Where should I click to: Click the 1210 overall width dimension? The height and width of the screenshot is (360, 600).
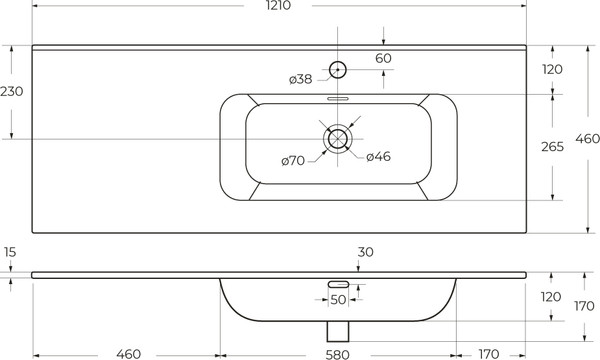click(278, 5)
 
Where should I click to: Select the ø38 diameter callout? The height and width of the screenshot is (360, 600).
click(300, 79)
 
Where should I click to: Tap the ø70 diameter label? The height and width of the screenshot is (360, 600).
click(293, 161)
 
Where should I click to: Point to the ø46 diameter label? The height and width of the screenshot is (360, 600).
click(378, 156)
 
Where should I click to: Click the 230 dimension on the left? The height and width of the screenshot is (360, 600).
click(11, 91)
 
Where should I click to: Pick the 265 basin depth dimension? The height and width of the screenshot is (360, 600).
click(552, 147)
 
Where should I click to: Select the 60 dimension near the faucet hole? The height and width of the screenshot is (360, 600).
click(383, 58)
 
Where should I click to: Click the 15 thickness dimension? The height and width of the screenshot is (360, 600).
click(10, 252)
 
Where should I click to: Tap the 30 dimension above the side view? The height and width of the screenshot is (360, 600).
click(365, 252)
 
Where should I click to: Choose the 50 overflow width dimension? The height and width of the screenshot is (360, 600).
click(338, 300)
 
